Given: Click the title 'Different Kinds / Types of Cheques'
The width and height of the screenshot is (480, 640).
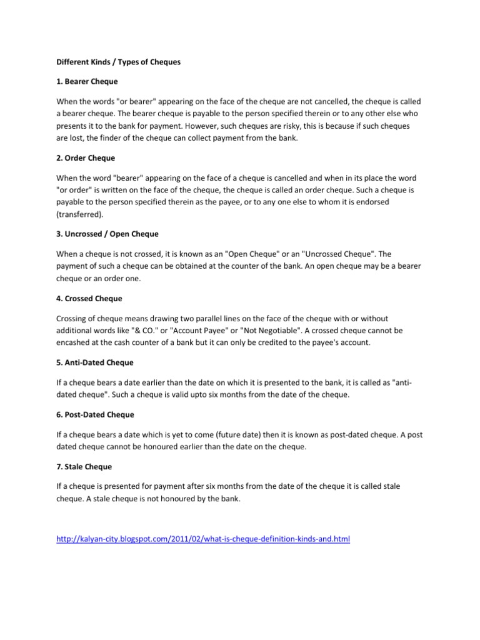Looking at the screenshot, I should tap(118, 62).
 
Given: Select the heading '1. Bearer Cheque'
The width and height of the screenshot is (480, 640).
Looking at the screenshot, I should tap(87, 81).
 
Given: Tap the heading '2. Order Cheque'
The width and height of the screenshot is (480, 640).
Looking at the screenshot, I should tap(86, 158).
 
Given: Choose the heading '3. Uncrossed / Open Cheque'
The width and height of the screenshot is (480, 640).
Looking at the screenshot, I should tap(107, 234).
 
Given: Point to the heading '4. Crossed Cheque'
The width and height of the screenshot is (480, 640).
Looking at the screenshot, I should tap(89, 298).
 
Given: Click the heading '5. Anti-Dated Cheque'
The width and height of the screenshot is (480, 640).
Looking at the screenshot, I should tap(95, 362).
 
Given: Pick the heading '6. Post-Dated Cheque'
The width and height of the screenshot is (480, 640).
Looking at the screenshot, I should tap(95, 414).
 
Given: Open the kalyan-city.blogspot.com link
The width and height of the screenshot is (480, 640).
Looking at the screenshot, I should tap(203, 538).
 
